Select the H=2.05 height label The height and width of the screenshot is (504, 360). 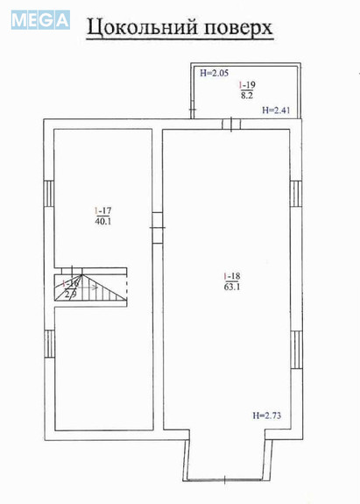click(214, 74)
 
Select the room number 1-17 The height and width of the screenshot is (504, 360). click(104, 210)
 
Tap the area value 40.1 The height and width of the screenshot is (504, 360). click(104, 221)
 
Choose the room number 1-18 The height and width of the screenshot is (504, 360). click(230, 277)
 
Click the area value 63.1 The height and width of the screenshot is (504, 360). click(230, 287)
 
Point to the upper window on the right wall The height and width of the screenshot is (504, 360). click(295, 192)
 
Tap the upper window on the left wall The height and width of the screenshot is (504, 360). click(48, 194)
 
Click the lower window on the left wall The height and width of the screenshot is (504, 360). click(48, 344)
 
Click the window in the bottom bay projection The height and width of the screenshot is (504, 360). click(229, 479)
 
